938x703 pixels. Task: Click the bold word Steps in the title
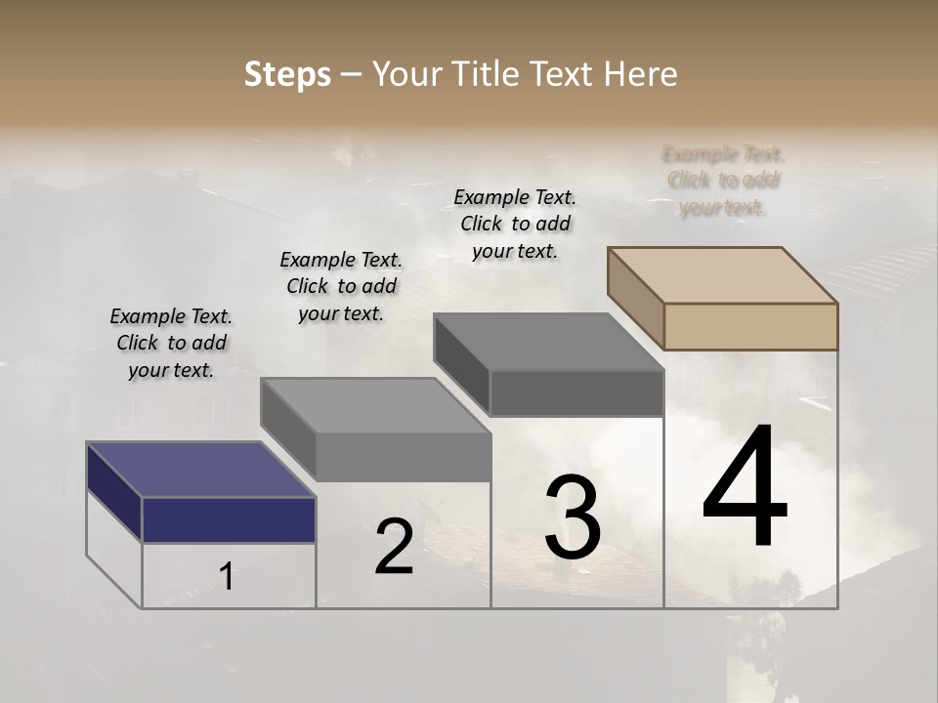pyautogui.click(x=286, y=74)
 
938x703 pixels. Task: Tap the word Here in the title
pyautogui.click(x=639, y=74)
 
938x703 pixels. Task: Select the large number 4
pyautogui.click(x=745, y=488)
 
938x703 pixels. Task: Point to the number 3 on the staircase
pyautogui.click(x=572, y=517)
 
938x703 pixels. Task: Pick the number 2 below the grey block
pyautogui.click(x=394, y=547)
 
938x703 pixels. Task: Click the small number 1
pyautogui.click(x=227, y=577)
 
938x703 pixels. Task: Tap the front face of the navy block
pyautogui.click(x=229, y=519)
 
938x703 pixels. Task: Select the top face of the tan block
pyautogui.click(x=723, y=274)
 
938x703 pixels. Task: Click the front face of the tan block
pyautogui.click(x=750, y=326)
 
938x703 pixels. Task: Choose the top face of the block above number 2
pyautogui.click(x=375, y=405)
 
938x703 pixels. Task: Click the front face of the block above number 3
pyautogui.click(x=576, y=393)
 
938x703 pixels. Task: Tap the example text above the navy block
pyautogui.click(x=171, y=343)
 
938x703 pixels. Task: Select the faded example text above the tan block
pyautogui.click(x=723, y=181)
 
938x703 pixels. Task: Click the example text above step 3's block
pyautogui.click(x=515, y=224)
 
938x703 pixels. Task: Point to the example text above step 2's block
pyautogui.click(x=341, y=286)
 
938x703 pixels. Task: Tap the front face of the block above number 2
pyautogui.click(x=403, y=457)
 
